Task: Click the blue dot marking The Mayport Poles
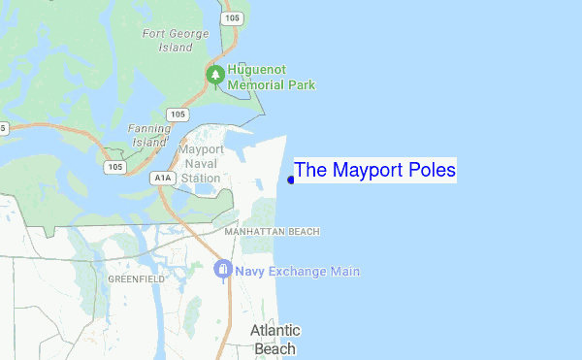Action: tap(291, 180)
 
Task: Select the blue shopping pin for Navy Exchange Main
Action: tap(224, 269)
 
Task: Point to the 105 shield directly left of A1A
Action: tap(114, 167)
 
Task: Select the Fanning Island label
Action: tap(149, 135)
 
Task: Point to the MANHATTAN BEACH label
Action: tap(272, 232)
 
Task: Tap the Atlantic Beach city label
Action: tap(275, 339)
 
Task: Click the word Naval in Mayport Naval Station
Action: tap(203, 164)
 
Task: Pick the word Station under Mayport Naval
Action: tap(202, 179)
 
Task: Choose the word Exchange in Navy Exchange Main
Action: tap(301, 272)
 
